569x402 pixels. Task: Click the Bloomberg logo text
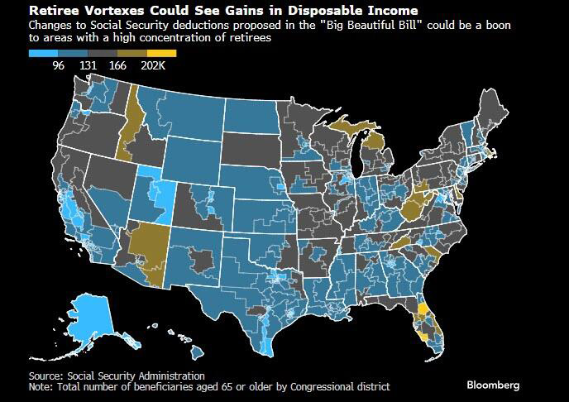[493, 385]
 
